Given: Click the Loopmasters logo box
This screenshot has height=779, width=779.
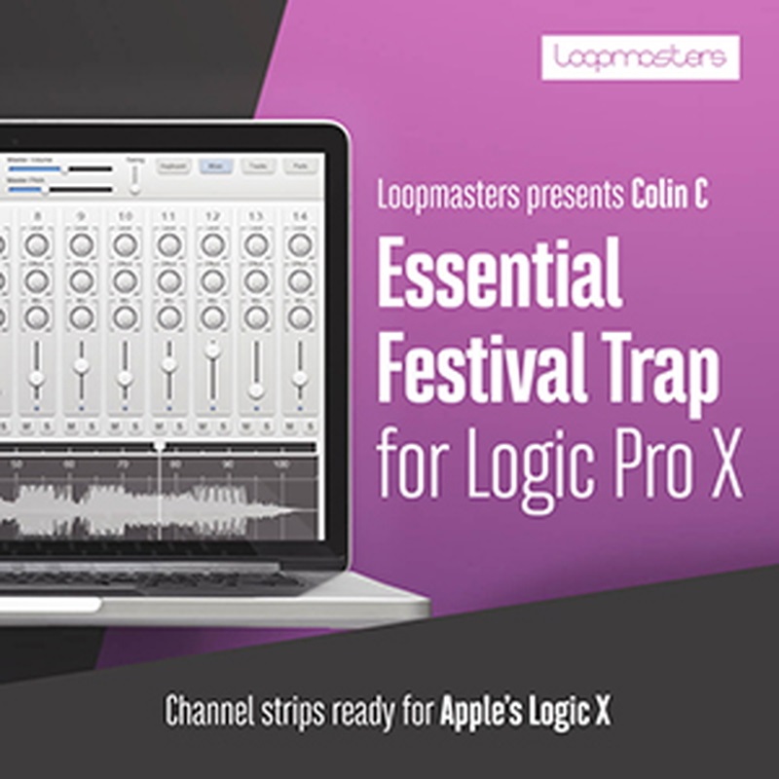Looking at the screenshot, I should pos(640,57).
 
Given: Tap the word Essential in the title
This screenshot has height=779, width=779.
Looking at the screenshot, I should pos(499,275).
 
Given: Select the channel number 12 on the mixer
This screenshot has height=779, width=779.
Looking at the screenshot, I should pos(212,215).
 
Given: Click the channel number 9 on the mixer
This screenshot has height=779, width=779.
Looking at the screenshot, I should pos(81,215).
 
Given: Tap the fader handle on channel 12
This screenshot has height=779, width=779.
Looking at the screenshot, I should pos(212,349).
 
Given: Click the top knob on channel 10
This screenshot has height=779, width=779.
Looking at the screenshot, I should pos(125,245).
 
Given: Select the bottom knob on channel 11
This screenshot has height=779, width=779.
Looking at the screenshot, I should pos(168,316).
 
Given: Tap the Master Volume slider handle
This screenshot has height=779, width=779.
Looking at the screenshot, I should pos(64,168).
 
